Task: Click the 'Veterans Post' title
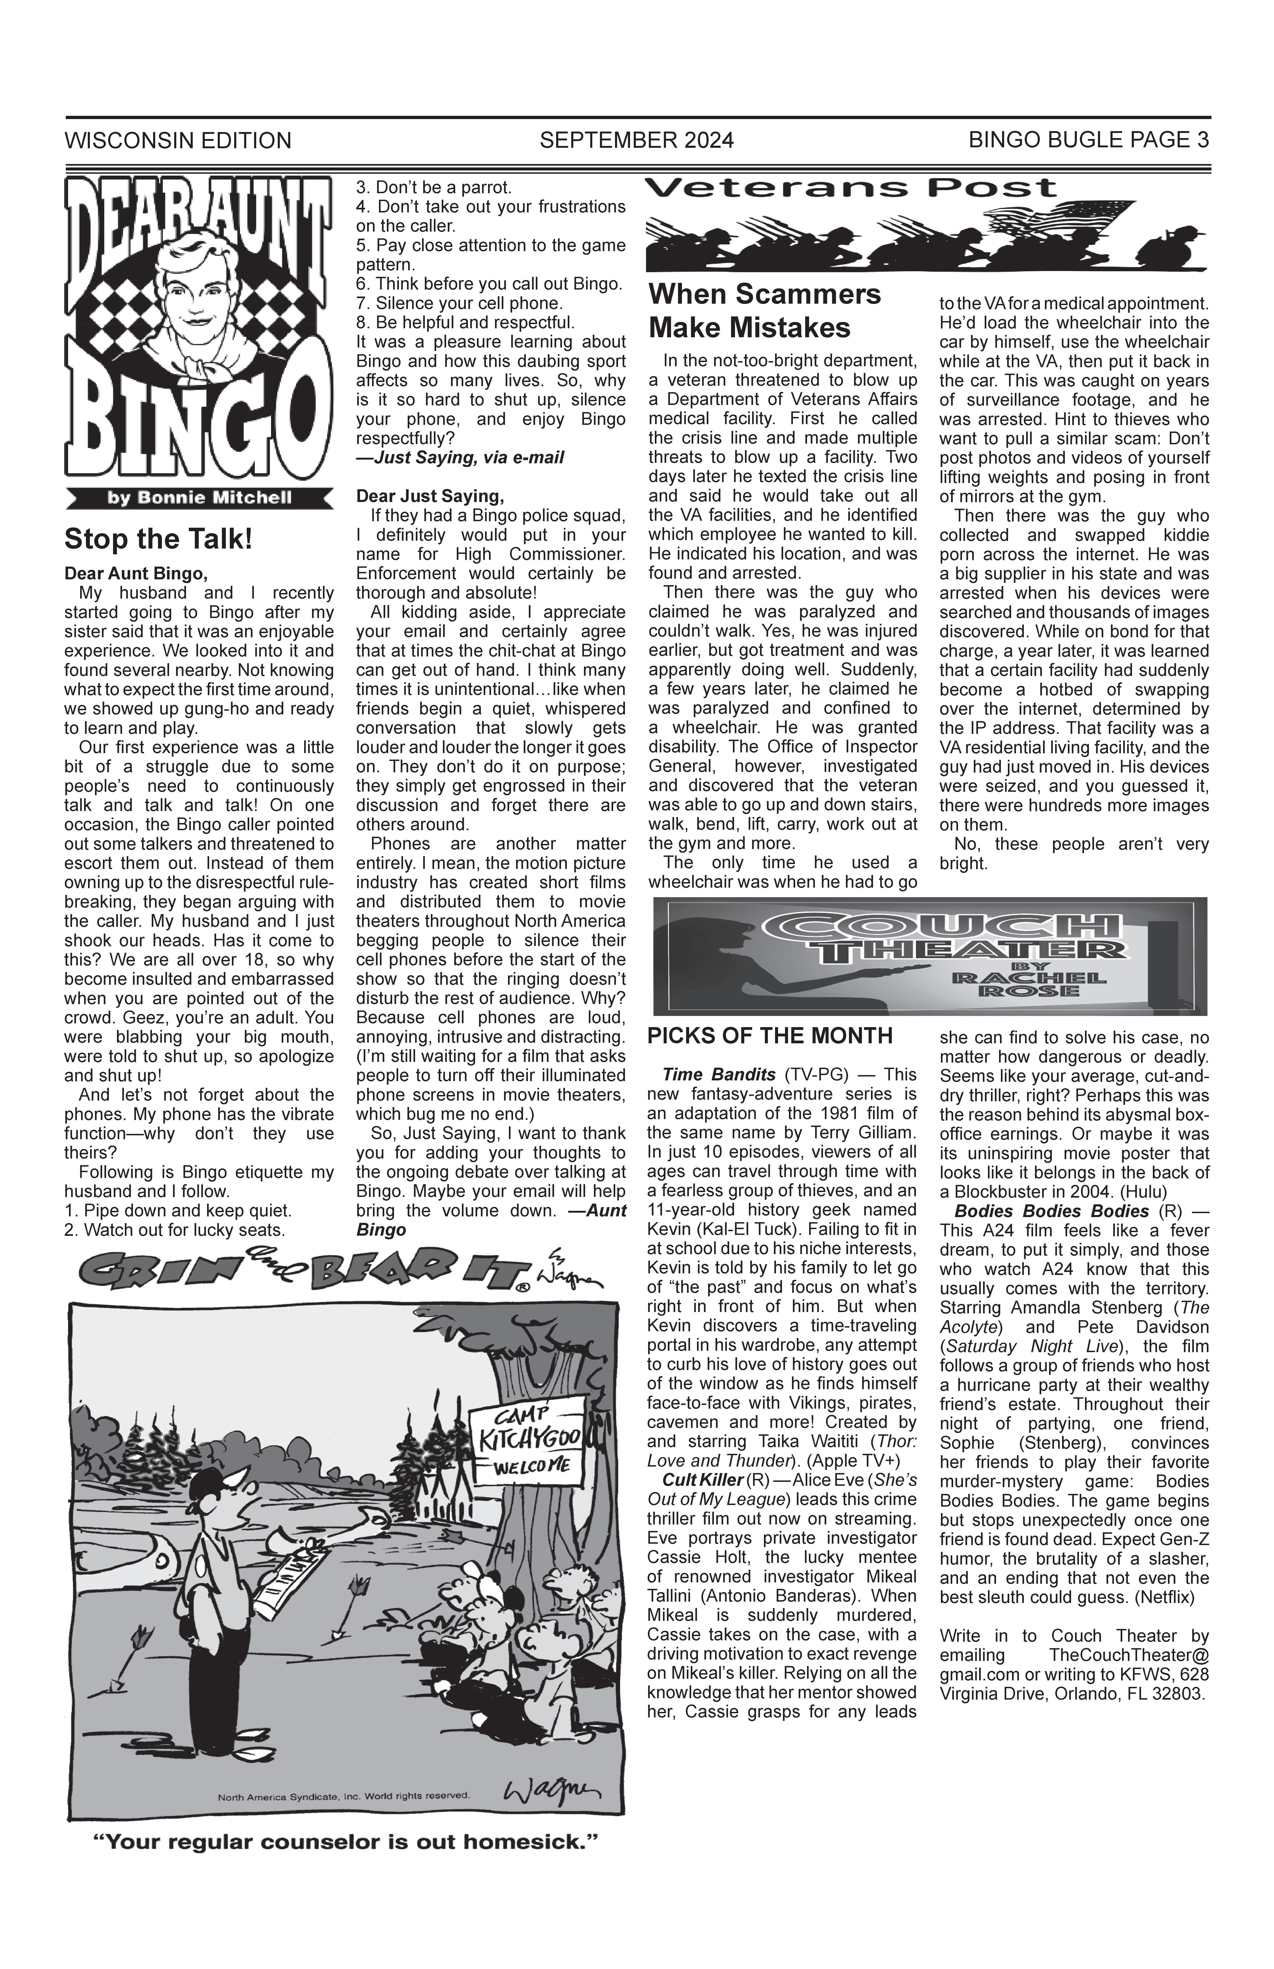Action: (x=850, y=189)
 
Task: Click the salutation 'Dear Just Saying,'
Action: (x=429, y=496)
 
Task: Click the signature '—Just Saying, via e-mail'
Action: (x=460, y=458)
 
